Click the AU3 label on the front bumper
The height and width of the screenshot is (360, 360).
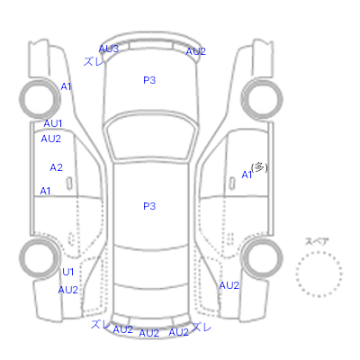[x=109, y=49]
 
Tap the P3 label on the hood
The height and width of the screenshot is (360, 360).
[x=149, y=80]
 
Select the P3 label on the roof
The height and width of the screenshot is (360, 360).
[x=149, y=206]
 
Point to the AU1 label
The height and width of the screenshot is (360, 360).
[x=53, y=123]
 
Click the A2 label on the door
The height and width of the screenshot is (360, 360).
[x=57, y=167]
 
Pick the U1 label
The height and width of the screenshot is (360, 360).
[x=67, y=272]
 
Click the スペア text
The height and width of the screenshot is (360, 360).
[x=317, y=241]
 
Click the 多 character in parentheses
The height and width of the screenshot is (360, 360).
[x=259, y=167]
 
